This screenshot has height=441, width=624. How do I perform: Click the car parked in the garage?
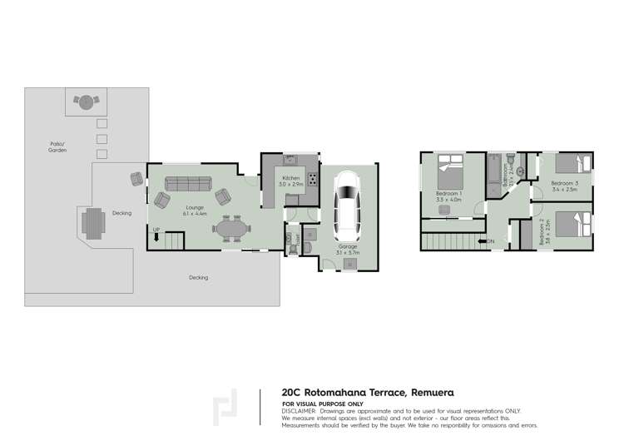click(347, 205)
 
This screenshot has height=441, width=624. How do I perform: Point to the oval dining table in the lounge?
click(230, 227)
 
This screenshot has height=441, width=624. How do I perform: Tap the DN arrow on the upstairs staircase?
click(491, 242)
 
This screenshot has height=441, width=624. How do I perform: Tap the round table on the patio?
click(85, 102)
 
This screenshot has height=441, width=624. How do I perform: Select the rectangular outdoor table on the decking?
click(93, 223)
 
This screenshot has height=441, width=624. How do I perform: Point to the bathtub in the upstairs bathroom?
click(493, 174)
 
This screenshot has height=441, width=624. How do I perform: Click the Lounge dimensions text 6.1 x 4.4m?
click(194, 214)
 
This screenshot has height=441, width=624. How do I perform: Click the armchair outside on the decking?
click(136, 178)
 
